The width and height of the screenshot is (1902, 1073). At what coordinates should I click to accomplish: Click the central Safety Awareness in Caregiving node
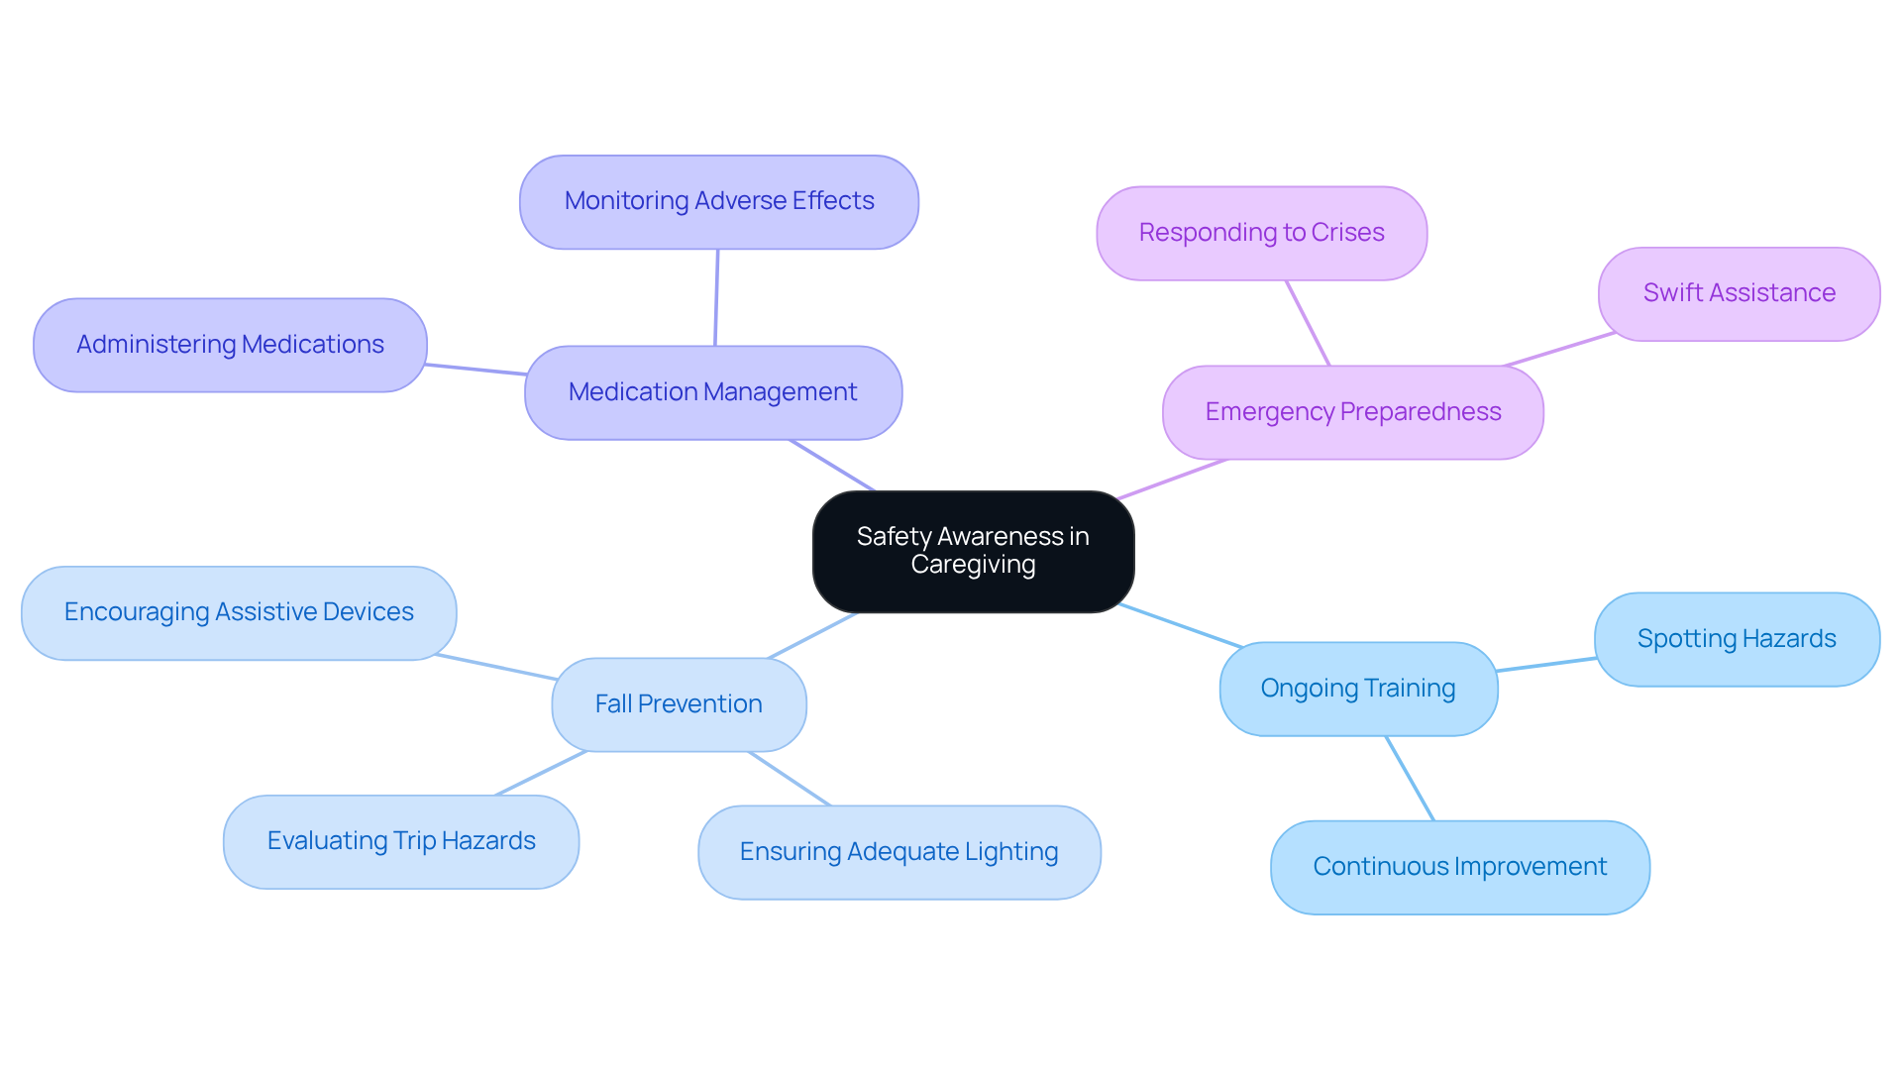(973, 551)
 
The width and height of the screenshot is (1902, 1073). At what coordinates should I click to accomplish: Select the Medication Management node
(712, 392)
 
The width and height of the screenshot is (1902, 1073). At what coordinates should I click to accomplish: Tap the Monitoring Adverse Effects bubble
(718, 201)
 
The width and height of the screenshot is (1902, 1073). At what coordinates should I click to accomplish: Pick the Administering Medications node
(230, 345)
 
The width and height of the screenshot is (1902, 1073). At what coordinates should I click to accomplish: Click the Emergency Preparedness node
(1352, 412)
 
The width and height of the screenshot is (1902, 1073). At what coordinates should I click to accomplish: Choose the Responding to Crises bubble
(1261, 233)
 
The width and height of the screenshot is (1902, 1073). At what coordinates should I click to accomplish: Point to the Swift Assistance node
(1739, 293)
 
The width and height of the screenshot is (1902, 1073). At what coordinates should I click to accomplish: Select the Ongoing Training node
(1357, 689)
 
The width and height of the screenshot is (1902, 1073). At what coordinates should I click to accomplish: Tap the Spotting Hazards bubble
(1736, 639)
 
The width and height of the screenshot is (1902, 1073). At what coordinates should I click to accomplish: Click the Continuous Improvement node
(1459, 867)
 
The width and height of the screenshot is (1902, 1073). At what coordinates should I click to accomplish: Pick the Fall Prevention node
(679, 704)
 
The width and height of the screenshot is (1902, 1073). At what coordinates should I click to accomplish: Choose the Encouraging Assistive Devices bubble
(239, 612)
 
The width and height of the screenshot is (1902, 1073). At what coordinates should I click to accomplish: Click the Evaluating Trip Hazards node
(401, 841)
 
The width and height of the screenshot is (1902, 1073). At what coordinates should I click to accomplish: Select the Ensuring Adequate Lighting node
(898, 852)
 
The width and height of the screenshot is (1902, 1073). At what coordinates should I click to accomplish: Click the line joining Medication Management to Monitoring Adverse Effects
(716, 297)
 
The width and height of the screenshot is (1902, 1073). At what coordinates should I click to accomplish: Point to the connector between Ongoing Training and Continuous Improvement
(1410, 778)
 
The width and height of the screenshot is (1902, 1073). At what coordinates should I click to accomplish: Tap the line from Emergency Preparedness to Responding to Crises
(1308, 323)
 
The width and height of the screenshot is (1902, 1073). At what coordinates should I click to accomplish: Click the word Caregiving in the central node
(973, 565)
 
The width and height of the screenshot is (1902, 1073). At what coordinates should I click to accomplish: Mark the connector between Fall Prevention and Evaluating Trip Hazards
(541, 773)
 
